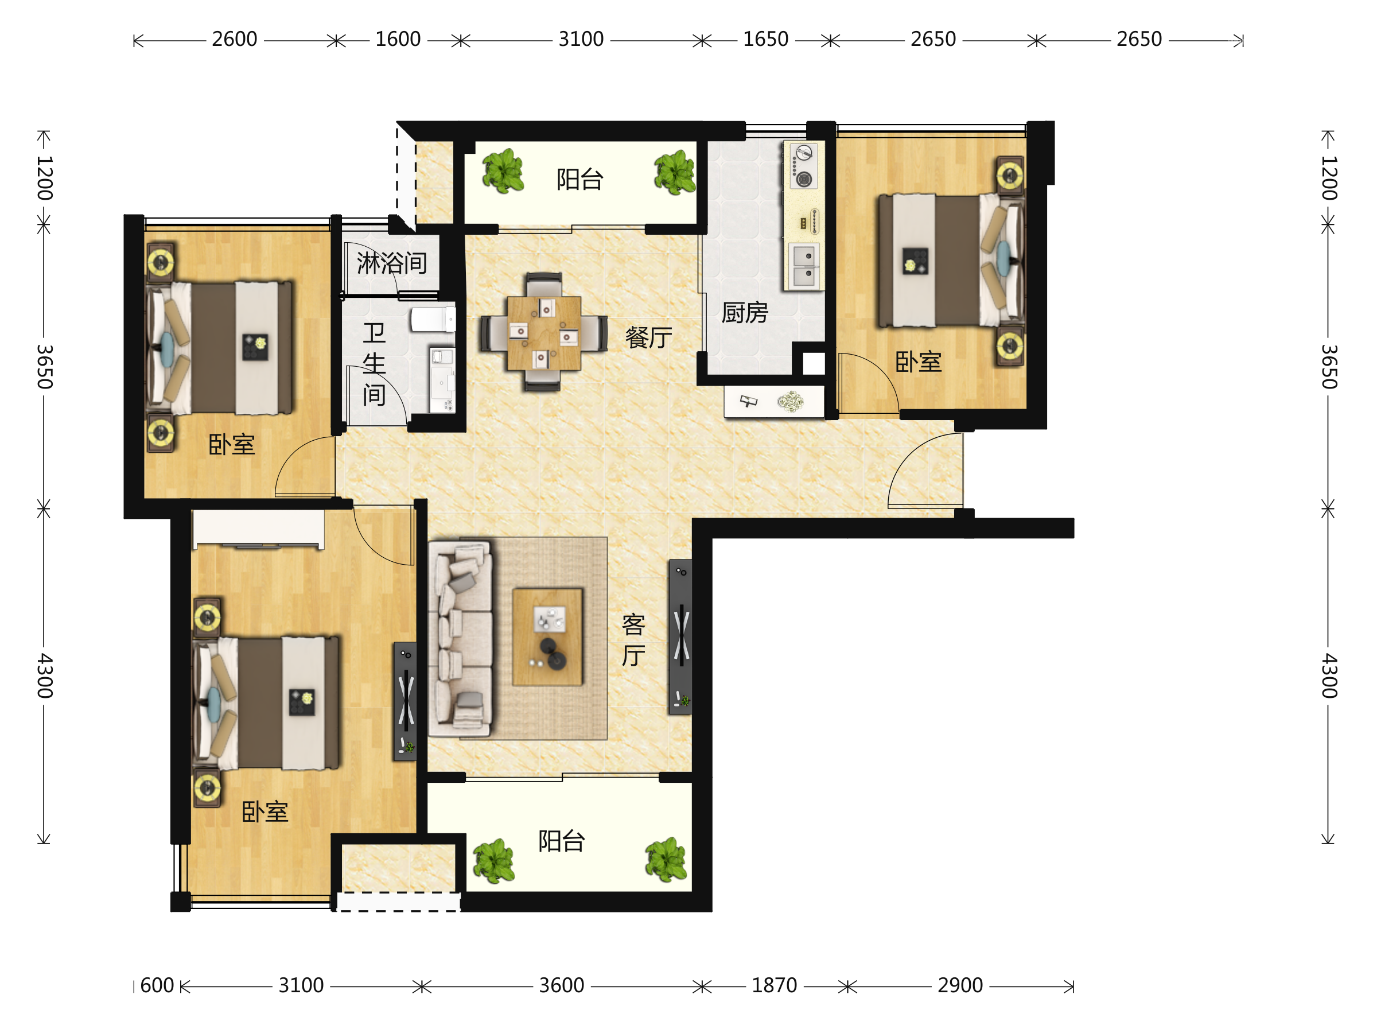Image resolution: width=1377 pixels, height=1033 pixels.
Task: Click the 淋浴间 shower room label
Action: click(x=391, y=263)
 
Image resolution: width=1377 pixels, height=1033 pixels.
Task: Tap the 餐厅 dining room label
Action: click(x=649, y=337)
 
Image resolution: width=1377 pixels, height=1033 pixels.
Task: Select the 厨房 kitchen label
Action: click(x=745, y=313)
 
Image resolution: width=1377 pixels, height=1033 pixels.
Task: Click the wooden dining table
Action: click(x=543, y=333)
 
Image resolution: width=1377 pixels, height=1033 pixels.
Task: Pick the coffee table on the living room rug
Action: click(x=547, y=637)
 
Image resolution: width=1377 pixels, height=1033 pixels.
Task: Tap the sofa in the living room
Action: click(x=461, y=639)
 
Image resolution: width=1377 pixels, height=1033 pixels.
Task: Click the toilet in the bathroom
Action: click(x=433, y=320)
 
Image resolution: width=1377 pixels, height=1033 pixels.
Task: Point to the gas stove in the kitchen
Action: click(x=804, y=166)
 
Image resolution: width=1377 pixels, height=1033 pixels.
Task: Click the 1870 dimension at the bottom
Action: click(x=774, y=986)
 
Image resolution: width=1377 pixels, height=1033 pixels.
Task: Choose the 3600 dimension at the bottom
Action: click(x=561, y=986)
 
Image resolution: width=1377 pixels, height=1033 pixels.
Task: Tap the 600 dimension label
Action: click(x=157, y=986)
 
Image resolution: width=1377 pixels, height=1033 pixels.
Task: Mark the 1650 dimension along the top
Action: click(x=766, y=39)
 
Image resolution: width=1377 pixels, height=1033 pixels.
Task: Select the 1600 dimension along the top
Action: click(x=398, y=39)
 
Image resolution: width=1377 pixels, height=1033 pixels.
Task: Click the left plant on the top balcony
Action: click(x=503, y=170)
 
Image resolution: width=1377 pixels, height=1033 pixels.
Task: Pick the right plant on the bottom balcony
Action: click(x=666, y=860)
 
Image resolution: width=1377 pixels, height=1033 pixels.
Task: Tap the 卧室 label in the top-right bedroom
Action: click(x=918, y=362)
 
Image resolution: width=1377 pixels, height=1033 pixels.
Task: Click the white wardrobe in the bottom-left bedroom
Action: click(x=258, y=530)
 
